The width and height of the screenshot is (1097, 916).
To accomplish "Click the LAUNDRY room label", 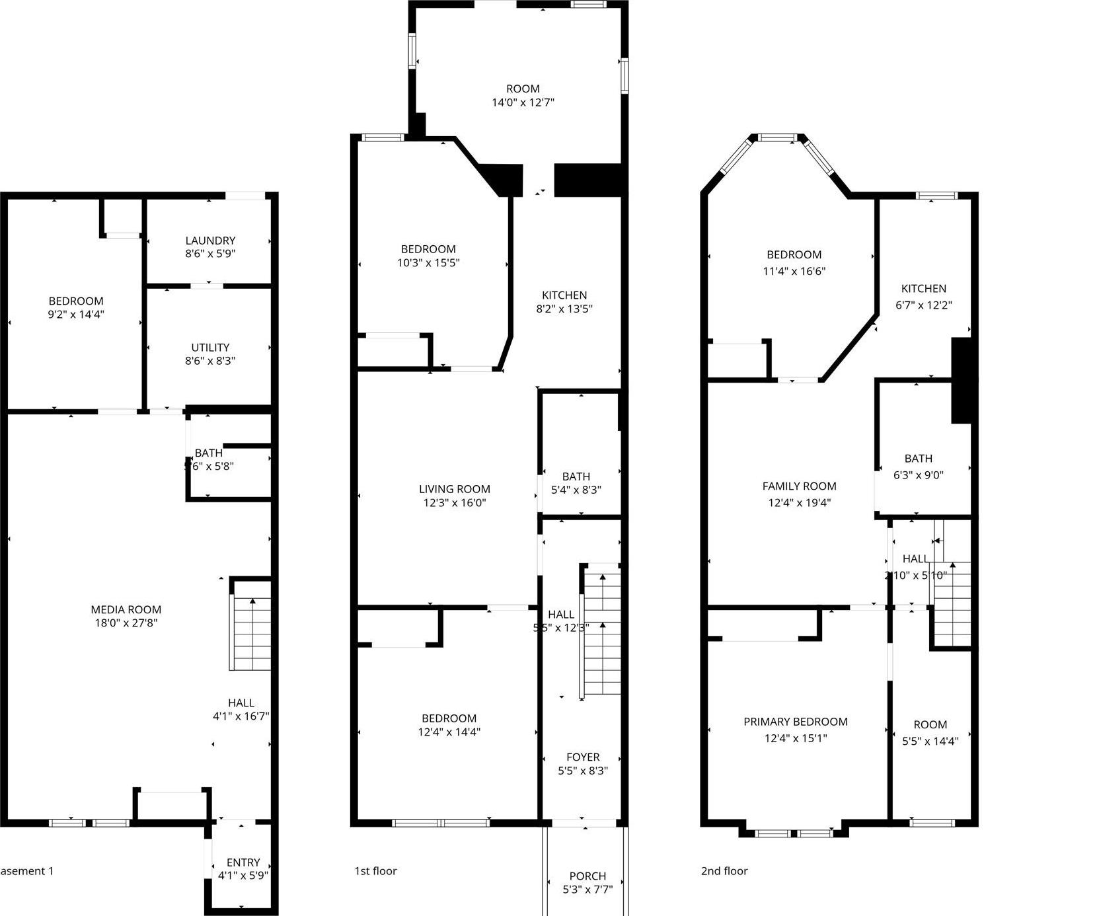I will coord(210,241).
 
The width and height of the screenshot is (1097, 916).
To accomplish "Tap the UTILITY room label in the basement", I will coord(210,347).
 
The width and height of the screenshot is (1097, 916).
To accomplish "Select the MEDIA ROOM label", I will coord(126,609).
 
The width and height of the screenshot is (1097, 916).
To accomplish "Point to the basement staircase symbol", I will coord(251,634).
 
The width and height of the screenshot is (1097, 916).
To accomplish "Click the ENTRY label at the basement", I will coord(243,862).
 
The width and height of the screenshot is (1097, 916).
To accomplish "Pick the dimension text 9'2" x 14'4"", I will coord(76,315).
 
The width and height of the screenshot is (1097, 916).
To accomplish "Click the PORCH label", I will coord(587,876).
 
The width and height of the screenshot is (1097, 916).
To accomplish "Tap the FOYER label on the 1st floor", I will coord(583,757).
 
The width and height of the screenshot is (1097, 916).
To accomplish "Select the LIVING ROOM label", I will coord(455,489).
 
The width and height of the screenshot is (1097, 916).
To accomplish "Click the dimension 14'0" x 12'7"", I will coord(523,102).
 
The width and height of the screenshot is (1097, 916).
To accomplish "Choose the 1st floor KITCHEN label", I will coord(564,295).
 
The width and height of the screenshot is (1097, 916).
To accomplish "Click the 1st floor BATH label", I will coord(576,476).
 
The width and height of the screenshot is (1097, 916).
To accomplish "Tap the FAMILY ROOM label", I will coord(800,486).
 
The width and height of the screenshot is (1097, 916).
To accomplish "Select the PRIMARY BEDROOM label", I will coord(796,722).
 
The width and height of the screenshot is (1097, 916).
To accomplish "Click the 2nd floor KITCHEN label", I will coord(924,288).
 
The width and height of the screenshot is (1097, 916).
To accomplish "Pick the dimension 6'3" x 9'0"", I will coord(919,475).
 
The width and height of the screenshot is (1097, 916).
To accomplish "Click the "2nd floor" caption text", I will coord(724,871).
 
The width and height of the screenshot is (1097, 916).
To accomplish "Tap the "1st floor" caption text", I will coord(375,871).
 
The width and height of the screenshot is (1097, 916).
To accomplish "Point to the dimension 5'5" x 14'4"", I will coord(930,741).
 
